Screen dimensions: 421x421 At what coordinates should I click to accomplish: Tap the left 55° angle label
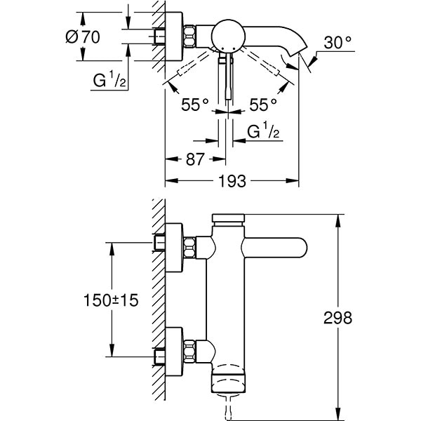click(x=195, y=105)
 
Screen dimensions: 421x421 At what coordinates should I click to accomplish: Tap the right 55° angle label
click(x=263, y=105)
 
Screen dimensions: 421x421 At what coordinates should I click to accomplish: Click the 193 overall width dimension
click(x=232, y=182)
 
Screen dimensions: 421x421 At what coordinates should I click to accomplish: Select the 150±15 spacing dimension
click(x=109, y=300)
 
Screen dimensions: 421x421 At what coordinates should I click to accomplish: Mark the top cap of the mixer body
click(x=227, y=219)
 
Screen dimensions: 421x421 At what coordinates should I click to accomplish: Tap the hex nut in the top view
click(x=189, y=37)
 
